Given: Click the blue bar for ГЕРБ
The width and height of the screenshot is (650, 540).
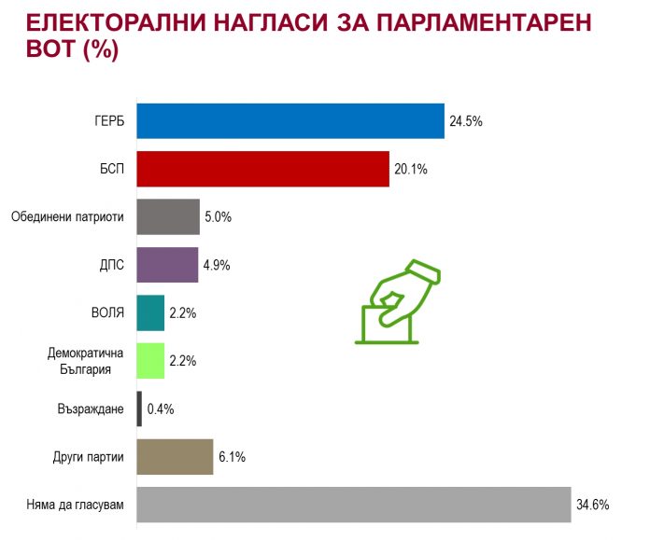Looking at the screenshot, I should coord(290,121).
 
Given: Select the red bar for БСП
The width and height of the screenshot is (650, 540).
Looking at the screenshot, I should coord(262,169).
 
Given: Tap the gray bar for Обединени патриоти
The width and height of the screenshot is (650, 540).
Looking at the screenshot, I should coord(168,216).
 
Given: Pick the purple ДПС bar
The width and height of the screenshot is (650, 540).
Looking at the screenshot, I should coord(167,264).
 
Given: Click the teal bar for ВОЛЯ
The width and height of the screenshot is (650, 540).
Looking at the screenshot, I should coord(150,312).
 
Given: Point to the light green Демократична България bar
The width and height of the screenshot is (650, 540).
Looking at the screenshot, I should coord(150,361).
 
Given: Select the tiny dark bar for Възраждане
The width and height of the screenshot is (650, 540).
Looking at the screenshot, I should coord(140,408).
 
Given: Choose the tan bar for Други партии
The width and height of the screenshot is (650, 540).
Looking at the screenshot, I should coord(175,457).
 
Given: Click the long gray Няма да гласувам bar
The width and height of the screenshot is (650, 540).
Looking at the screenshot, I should coord(353,505).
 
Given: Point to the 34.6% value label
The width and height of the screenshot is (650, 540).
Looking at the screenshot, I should coord(593,505).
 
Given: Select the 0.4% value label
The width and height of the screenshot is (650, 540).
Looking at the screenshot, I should coord(161,408).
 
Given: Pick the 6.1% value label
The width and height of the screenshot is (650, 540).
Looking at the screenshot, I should coord(233,457).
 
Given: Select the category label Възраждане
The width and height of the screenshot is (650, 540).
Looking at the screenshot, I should coord(91,409).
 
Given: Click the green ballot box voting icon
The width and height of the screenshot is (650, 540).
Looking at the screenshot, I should coord(397,302).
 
